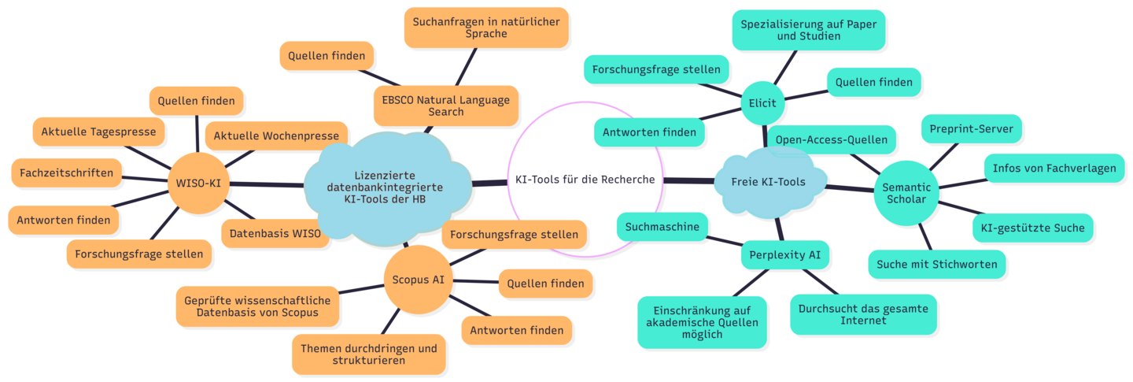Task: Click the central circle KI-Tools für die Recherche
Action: [585, 180]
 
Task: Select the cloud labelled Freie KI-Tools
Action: [773, 182]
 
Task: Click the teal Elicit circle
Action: [762, 103]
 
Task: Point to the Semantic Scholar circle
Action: [907, 193]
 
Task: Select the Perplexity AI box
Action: [785, 255]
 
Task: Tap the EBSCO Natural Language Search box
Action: [446, 106]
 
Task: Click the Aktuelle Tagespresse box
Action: [99, 132]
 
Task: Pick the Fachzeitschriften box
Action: [67, 172]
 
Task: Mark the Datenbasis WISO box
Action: [275, 233]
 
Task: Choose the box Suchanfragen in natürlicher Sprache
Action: [486, 28]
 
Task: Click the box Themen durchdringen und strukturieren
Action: [368, 354]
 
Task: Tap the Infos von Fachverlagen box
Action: [1054, 169]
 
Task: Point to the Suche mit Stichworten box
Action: [936, 264]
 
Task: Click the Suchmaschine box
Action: [662, 227]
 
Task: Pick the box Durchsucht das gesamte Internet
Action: [863, 314]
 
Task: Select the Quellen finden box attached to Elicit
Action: [873, 82]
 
